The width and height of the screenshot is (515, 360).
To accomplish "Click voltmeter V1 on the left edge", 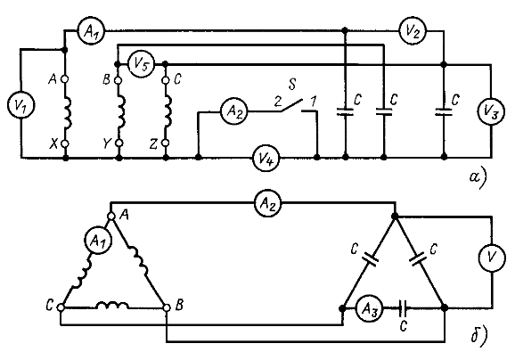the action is pyautogui.click(x=20, y=105).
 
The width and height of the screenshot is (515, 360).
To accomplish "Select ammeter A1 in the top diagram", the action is pyautogui.click(x=90, y=31).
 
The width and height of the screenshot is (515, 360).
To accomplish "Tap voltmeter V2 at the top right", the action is pyautogui.click(x=412, y=31).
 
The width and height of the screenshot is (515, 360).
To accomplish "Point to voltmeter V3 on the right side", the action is pyautogui.click(x=491, y=111).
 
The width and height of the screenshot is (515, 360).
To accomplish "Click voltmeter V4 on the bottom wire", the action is pyautogui.click(x=266, y=159).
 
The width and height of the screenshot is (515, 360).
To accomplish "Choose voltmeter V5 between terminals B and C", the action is pyautogui.click(x=141, y=64).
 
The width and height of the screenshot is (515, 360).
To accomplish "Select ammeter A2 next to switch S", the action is pyautogui.click(x=233, y=111).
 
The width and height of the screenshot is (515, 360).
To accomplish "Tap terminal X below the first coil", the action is pyautogui.click(x=65, y=143).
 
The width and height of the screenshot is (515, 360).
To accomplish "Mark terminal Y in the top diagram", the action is pyautogui.click(x=119, y=143).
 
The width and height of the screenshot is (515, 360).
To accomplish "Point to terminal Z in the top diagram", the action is pyautogui.click(x=166, y=143).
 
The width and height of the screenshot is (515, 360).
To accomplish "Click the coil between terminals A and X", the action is pyautogui.click(x=68, y=112).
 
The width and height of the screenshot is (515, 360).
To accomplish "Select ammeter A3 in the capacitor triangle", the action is pyautogui.click(x=370, y=308).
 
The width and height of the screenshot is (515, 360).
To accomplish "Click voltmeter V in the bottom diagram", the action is pyautogui.click(x=491, y=258).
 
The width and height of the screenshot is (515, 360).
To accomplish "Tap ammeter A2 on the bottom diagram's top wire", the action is pyautogui.click(x=268, y=204).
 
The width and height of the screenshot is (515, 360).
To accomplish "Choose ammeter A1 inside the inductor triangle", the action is pyautogui.click(x=98, y=241).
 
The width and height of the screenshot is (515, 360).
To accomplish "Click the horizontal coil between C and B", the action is pyautogui.click(x=112, y=306).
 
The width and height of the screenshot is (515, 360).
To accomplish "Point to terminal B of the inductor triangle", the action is pyautogui.click(x=167, y=307).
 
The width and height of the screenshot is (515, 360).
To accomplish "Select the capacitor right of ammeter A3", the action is pyautogui.click(x=404, y=308).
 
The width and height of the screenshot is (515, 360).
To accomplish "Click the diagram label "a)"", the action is pyautogui.click(x=478, y=179).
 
